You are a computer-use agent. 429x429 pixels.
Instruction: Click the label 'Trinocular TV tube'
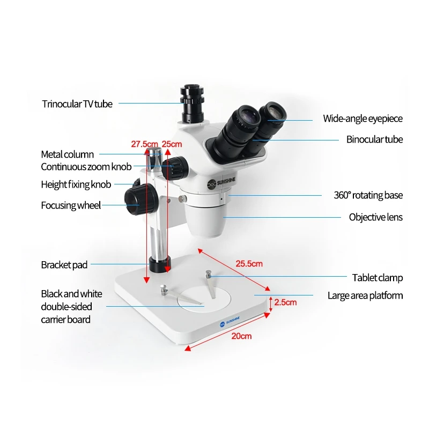(77, 104)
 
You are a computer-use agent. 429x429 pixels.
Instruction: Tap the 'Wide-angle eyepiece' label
(363, 119)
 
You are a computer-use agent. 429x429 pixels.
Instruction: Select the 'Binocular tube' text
(374, 139)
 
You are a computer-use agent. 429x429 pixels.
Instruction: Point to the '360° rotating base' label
(368, 195)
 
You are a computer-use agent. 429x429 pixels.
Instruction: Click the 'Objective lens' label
(375, 217)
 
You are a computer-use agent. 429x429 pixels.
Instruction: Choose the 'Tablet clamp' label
(377, 278)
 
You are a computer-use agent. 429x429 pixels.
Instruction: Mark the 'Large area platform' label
(365, 295)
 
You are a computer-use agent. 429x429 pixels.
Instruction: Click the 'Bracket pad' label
(64, 264)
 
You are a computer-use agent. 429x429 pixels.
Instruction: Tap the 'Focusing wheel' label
(71, 205)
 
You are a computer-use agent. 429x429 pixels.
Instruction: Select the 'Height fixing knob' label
(76, 184)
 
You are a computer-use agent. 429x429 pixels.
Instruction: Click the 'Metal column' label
(68, 154)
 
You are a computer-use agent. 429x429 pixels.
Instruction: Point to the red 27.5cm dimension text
(145, 144)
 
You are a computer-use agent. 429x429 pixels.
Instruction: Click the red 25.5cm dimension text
(250, 263)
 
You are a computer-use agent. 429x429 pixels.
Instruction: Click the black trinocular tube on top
(190, 105)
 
